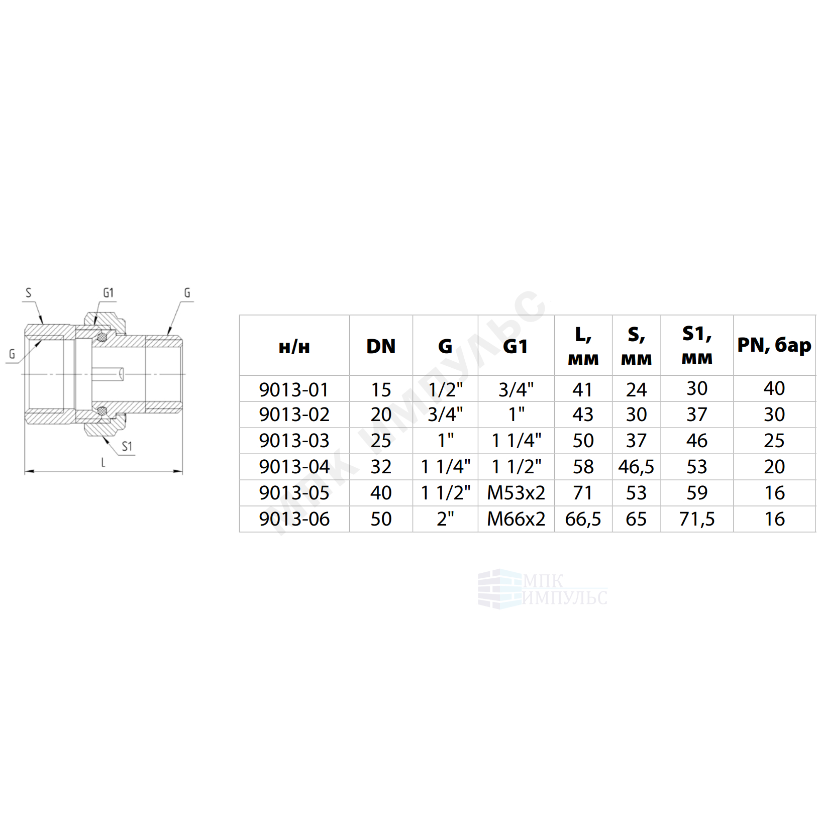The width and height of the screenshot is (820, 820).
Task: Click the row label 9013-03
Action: (294, 441)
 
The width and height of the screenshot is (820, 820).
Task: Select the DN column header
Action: (381, 346)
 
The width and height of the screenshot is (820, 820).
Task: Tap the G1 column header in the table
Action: (516, 346)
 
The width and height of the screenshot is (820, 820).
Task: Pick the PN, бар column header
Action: (774, 346)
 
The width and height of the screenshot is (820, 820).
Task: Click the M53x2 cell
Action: (516, 493)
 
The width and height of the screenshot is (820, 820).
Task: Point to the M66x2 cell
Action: (516, 519)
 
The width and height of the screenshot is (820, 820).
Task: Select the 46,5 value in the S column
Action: (636, 467)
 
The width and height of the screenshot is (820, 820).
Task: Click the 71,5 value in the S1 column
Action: (697, 519)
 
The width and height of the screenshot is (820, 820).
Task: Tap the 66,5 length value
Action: (583, 519)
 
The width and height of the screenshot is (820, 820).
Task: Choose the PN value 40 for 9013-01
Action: (774, 388)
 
